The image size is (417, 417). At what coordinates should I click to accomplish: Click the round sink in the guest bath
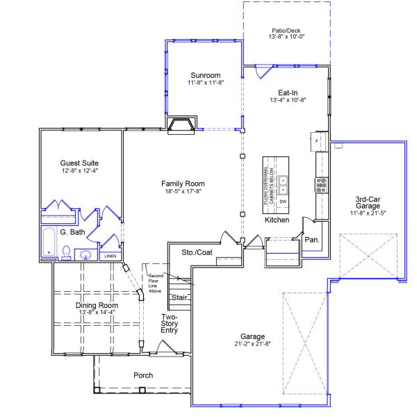(x=87, y=255)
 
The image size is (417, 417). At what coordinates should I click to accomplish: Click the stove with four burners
(x=322, y=184)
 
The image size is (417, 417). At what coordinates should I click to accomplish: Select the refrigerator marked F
(x=320, y=140)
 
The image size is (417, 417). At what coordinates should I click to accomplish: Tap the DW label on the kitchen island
(x=283, y=202)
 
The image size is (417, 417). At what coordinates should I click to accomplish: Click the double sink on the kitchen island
(x=284, y=183)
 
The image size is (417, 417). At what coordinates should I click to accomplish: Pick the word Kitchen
(x=277, y=220)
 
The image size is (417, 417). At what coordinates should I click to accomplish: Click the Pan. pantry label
(x=312, y=240)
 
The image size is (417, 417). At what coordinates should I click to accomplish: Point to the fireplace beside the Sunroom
(x=183, y=125)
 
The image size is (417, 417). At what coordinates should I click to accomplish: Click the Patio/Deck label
(x=286, y=31)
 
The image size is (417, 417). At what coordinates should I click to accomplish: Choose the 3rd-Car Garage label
(x=368, y=202)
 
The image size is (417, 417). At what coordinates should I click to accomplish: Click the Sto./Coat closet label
(x=197, y=252)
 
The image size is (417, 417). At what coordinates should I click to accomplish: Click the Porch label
(x=143, y=375)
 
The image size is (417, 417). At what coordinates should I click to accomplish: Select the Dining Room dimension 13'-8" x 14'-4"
(x=97, y=313)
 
